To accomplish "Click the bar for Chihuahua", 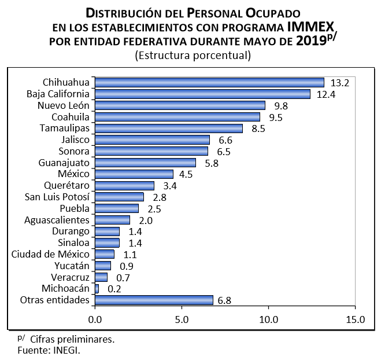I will point(209,82).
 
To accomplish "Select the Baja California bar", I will point(202,94).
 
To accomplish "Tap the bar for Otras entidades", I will point(153,300).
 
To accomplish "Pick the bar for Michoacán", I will point(97,288).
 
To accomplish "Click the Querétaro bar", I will point(124,185).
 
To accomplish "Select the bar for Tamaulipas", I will point(168,128).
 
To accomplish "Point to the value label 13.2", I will point(340,83).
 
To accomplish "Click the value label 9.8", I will point(281,105).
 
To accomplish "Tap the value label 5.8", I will point(212,163).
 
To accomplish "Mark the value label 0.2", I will point(114,288).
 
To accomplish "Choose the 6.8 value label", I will point(229,300).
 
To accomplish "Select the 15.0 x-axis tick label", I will point(355,319).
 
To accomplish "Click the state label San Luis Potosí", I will point(57,197).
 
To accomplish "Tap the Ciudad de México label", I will point(51,254).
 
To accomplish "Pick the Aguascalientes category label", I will point(57,220).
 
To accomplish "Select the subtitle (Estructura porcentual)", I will point(193,56).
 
